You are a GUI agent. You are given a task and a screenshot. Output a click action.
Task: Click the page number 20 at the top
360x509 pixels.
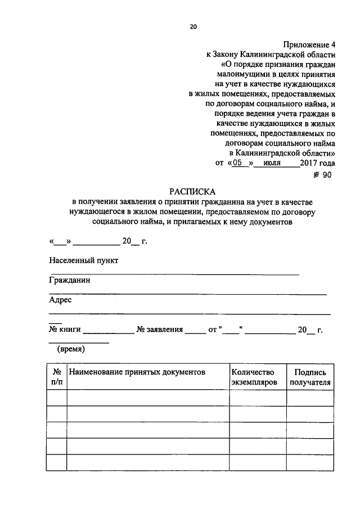pyautogui.click(x=193, y=26)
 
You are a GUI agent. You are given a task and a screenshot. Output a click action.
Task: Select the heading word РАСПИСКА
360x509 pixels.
pyautogui.click(x=192, y=191)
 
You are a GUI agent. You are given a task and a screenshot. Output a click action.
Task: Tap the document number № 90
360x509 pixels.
pyautogui.click(x=323, y=175)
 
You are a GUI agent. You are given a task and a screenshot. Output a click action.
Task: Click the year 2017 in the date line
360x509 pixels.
pyautogui.click(x=309, y=163)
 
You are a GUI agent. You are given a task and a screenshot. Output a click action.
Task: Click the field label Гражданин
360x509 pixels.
pyautogui.click(x=70, y=280)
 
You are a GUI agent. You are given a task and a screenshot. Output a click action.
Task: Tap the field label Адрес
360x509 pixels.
pyautogui.click(x=60, y=300)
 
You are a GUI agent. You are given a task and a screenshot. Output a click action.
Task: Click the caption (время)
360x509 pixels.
pyautogui.click(x=70, y=349)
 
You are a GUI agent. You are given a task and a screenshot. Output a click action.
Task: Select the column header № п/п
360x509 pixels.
pyautogui.click(x=57, y=377)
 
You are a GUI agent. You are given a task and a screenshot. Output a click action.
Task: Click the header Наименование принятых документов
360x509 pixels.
pyautogui.click(x=137, y=372)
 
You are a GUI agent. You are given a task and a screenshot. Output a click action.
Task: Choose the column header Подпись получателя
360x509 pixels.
pyautogui.click(x=310, y=377)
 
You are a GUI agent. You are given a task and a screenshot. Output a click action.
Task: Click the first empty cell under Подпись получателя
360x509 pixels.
pyautogui.click(x=310, y=398)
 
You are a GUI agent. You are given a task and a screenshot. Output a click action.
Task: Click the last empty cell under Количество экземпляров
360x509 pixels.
pyautogui.click(x=258, y=462)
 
